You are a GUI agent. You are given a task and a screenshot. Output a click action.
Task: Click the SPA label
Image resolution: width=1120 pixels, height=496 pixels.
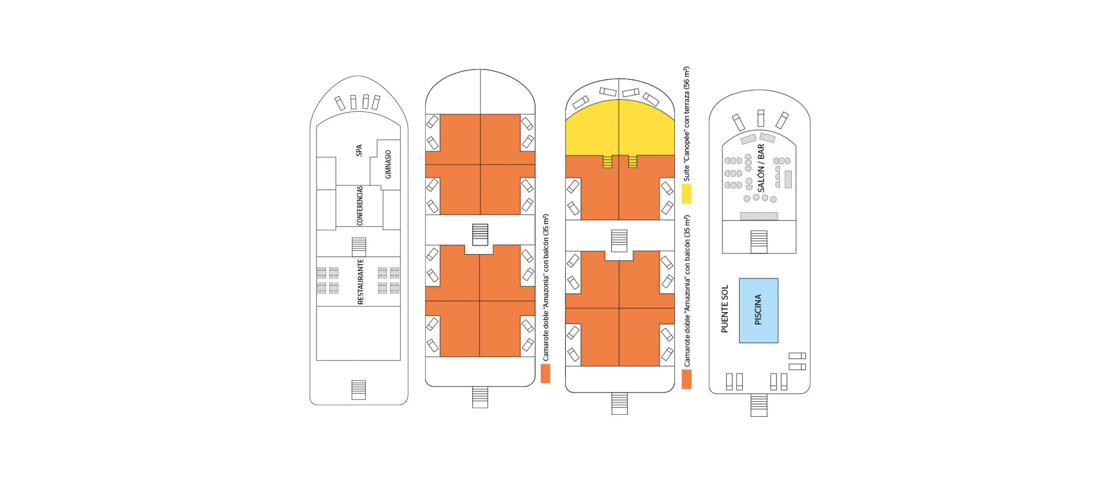[x=359, y=150]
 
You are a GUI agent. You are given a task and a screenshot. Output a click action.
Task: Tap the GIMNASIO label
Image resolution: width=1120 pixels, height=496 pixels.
[x=388, y=164]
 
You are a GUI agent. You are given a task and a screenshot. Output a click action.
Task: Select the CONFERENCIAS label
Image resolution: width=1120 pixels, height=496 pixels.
[x=360, y=205]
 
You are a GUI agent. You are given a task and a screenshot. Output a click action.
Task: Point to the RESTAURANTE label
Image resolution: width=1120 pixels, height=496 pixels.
[x=360, y=282]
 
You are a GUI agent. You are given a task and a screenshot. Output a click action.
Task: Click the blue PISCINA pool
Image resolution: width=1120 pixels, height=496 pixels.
[x=759, y=310]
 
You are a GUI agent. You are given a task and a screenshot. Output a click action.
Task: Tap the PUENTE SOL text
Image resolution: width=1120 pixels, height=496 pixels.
[x=724, y=309]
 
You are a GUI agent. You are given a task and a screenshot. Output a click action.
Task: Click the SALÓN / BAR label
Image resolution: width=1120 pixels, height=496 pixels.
[x=761, y=168]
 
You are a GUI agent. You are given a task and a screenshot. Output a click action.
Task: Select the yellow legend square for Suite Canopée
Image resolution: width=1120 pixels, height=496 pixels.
[x=687, y=194]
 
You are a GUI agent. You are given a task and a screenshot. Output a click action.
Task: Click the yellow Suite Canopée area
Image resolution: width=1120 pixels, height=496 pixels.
[x=620, y=128]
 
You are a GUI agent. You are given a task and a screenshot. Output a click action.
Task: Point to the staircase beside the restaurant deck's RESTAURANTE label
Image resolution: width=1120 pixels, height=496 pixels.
[x=359, y=247]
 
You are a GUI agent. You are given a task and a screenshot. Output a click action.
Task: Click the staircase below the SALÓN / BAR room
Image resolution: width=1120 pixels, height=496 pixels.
[x=759, y=242]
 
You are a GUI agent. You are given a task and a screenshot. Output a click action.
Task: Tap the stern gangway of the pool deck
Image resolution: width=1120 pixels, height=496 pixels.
[x=759, y=405]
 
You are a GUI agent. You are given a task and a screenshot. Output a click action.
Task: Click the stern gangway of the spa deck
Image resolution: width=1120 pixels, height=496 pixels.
[x=359, y=390]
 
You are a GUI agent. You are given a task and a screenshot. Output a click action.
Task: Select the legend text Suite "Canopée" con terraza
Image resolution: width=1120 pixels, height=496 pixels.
[x=687, y=124]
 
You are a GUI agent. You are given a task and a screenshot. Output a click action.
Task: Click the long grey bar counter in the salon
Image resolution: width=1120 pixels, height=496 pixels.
[x=759, y=216]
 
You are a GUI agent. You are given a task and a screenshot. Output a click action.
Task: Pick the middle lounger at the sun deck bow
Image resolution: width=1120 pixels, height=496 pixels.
[x=761, y=118]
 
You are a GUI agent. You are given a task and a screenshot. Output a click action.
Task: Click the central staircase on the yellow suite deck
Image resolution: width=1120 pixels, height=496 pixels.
[x=619, y=241]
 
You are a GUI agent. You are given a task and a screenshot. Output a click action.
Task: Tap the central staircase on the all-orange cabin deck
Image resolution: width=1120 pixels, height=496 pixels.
[x=480, y=235]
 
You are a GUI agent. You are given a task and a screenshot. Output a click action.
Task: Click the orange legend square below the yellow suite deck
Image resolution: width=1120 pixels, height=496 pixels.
[x=687, y=379]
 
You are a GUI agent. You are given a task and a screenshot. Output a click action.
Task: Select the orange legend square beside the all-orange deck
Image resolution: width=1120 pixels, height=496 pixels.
[x=545, y=374]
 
